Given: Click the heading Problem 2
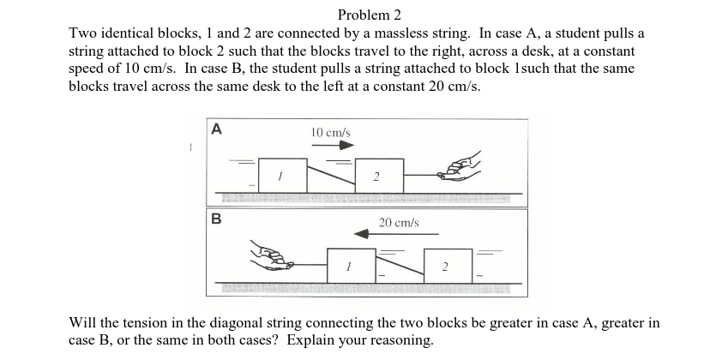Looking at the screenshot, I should [369, 15].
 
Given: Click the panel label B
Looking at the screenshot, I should [216, 218].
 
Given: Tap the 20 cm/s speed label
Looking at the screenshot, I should [399, 222].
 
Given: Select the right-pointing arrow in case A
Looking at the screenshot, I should [333, 146].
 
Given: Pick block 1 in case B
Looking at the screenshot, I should [351, 264].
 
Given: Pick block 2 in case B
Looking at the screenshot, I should [448, 264].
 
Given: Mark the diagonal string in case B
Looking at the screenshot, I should [400, 265].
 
